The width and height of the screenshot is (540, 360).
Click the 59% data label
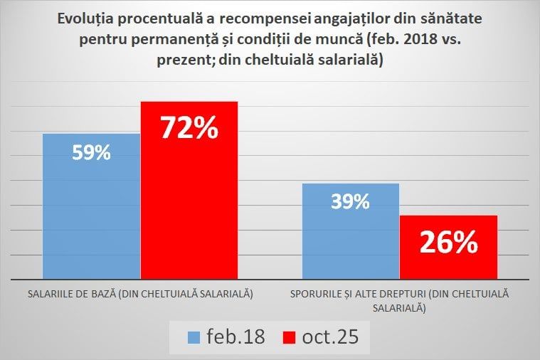pyautogui.click(x=91, y=152)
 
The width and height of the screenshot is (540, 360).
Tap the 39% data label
pyautogui.click(x=350, y=201)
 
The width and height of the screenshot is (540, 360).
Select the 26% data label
pyautogui.click(x=448, y=243)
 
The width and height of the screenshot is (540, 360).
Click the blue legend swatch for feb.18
pyautogui.click(x=194, y=337)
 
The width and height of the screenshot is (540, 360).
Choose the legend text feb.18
pyautogui.click(x=235, y=337)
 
